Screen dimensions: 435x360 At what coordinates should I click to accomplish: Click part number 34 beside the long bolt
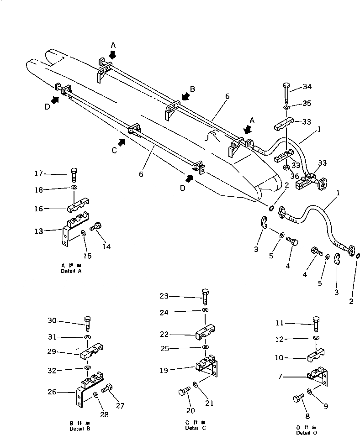(x=307, y=87)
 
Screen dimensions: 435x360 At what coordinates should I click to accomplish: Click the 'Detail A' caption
(x=71, y=268)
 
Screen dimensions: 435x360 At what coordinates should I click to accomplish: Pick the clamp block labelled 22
(x=206, y=336)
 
